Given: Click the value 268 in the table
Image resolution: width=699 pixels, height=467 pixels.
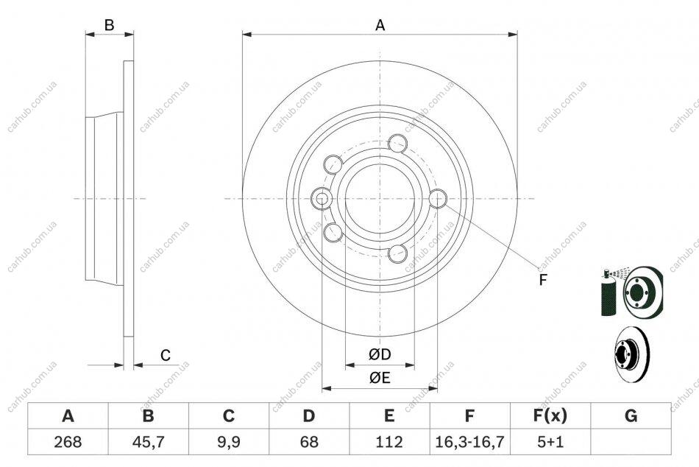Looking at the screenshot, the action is pyautogui.click(x=68, y=442).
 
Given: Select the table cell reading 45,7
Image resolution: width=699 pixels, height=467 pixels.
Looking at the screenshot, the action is pyautogui.click(x=148, y=442).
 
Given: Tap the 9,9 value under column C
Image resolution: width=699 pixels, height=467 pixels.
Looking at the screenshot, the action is pyautogui.click(x=229, y=442).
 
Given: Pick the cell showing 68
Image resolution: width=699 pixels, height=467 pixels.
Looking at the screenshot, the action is pyautogui.click(x=309, y=442).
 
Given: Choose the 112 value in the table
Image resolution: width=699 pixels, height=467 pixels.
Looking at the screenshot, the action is pyautogui.click(x=389, y=442).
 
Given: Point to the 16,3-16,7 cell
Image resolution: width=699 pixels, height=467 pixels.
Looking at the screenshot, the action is pyautogui.click(x=469, y=442).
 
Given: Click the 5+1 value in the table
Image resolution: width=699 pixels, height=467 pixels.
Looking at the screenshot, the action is pyautogui.click(x=550, y=442).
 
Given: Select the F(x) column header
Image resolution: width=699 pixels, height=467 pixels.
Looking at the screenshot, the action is pyautogui.click(x=550, y=415).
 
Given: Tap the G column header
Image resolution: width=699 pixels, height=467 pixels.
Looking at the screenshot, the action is pyautogui.click(x=631, y=415).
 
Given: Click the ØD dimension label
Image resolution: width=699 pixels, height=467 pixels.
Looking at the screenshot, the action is pyautogui.click(x=380, y=354).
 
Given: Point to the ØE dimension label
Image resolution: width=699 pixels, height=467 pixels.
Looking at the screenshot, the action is pyautogui.click(x=380, y=378).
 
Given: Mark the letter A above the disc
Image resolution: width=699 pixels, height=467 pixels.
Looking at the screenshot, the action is pyautogui.click(x=380, y=26).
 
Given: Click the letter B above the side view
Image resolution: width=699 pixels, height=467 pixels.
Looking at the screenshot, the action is pyautogui.click(x=109, y=26).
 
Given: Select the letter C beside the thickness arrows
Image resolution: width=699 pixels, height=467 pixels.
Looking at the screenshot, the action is pyautogui.click(x=166, y=355).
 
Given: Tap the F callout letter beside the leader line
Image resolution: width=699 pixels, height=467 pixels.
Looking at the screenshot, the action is pyautogui.click(x=542, y=280).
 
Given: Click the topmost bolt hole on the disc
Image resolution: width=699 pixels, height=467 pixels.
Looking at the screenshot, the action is pyautogui.click(x=397, y=144).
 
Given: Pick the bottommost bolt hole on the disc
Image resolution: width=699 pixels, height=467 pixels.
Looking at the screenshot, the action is pyautogui.click(x=397, y=253).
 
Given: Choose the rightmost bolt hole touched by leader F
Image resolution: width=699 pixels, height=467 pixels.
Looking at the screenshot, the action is pyautogui.click(x=438, y=198).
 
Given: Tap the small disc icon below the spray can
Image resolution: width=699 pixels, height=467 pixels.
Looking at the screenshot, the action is pyautogui.click(x=632, y=354).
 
